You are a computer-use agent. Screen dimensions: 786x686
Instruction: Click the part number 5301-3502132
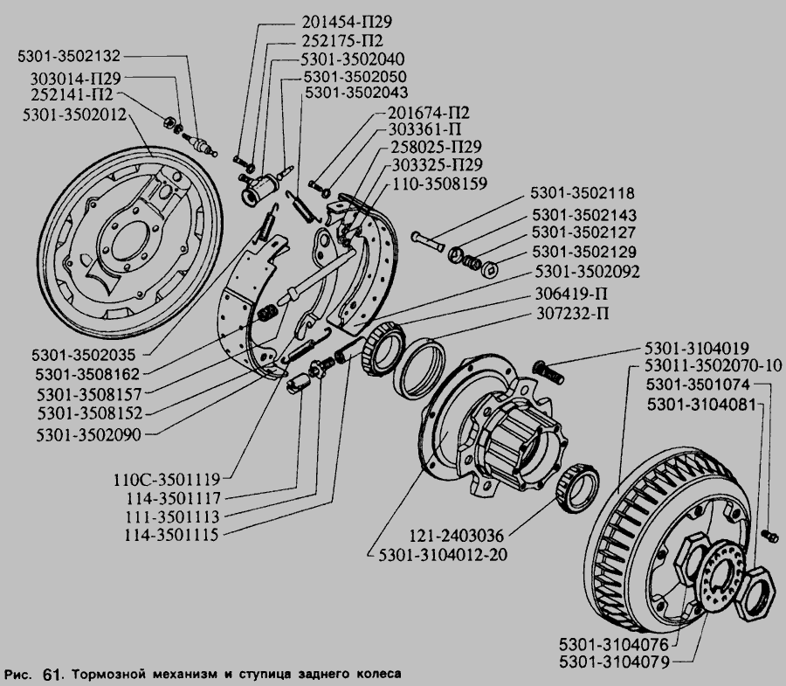[x=69, y=56]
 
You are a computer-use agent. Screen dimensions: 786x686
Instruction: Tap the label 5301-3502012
[x=75, y=114]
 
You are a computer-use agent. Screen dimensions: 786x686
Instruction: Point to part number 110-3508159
[x=439, y=184]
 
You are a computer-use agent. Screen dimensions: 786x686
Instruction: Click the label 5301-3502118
[x=583, y=193]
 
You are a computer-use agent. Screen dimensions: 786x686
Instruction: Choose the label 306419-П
[x=571, y=294]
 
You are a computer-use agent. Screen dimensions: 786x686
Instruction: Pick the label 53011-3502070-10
[x=714, y=366]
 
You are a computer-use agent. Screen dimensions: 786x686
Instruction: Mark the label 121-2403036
[x=457, y=536]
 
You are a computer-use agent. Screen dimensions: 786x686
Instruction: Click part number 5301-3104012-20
[x=443, y=555]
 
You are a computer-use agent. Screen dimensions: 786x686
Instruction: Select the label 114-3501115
[x=171, y=535]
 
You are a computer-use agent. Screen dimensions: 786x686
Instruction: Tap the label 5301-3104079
[x=615, y=662]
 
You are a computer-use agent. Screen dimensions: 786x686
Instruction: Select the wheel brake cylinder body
[x=259, y=189]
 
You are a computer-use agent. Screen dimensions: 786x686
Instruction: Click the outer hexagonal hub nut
[x=753, y=593]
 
